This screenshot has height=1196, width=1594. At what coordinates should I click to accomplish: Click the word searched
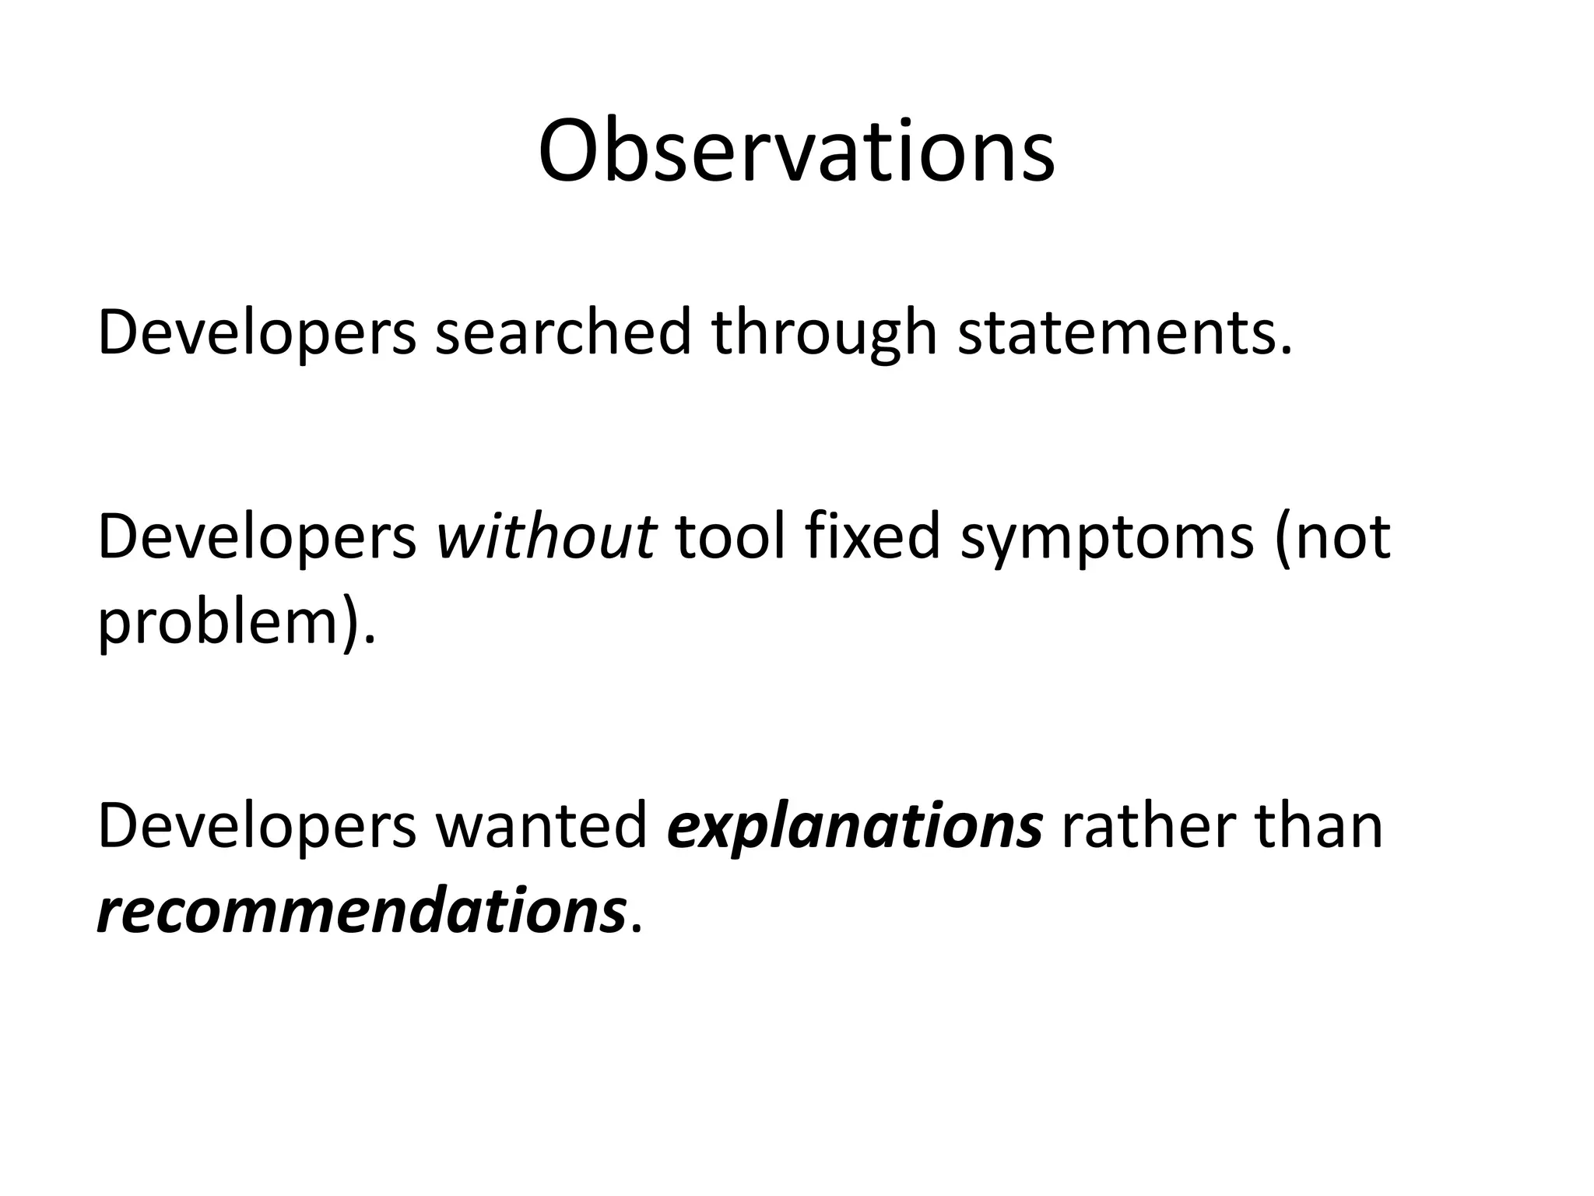click(563, 333)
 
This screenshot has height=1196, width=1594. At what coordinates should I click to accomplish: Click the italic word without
click(546, 537)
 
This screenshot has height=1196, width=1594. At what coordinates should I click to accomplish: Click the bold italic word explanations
click(855, 827)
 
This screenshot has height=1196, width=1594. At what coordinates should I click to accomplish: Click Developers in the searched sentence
click(257, 333)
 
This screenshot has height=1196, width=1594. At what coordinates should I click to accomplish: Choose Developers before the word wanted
click(257, 827)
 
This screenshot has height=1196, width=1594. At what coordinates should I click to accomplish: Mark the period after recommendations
click(637, 930)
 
